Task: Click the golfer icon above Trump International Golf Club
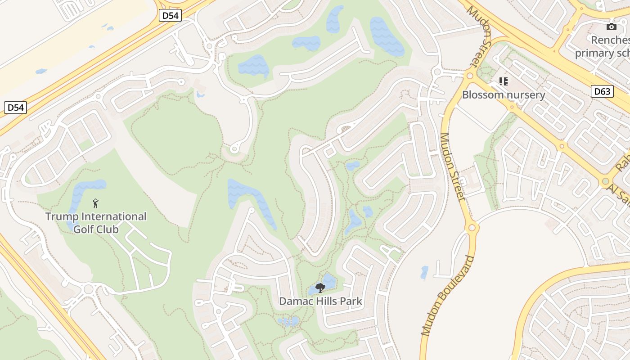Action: (95, 203)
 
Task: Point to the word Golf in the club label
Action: (83, 229)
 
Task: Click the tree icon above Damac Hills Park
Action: (320, 287)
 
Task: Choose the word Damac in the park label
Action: (295, 301)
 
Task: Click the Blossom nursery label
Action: (504, 95)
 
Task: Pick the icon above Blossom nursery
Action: (504, 81)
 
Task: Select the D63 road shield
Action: (602, 92)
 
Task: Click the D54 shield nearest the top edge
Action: (171, 15)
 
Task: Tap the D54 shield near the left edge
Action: (16, 108)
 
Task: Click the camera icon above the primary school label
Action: (611, 27)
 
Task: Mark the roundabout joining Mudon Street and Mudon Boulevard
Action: (472, 227)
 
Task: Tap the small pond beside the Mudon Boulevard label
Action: (424, 272)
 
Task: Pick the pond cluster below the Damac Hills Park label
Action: (288, 321)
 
